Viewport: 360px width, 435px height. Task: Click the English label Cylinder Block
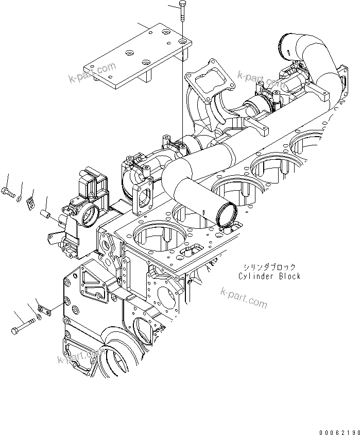click(269, 276)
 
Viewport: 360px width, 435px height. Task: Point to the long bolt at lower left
click(23, 327)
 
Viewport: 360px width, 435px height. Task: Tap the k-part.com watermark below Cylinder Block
click(243, 298)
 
